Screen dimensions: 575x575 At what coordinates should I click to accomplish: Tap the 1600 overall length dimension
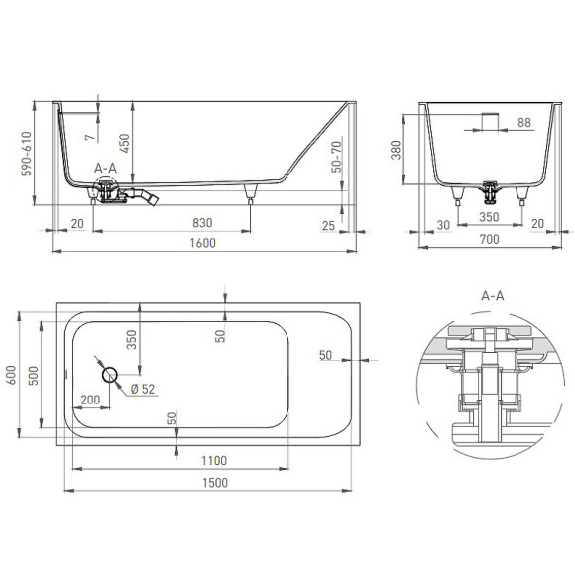point(201,243)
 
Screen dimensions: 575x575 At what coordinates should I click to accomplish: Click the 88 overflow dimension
point(524,122)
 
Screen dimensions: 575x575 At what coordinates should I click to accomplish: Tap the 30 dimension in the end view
point(442,224)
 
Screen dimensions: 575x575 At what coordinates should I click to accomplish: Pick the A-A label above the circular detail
point(492,295)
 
